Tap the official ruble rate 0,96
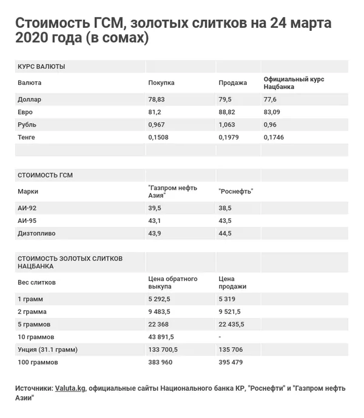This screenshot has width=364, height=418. click(270, 125)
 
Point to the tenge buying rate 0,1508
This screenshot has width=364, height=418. click(159, 138)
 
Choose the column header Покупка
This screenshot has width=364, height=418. click(161, 82)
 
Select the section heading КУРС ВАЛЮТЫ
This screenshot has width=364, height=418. click(41, 67)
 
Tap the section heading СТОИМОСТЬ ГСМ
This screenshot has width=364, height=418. click(45, 175)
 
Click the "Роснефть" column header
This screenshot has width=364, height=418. click(235, 191)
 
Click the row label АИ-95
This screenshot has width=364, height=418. click(27, 221)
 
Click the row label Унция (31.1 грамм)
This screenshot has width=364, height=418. click(48, 350)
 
